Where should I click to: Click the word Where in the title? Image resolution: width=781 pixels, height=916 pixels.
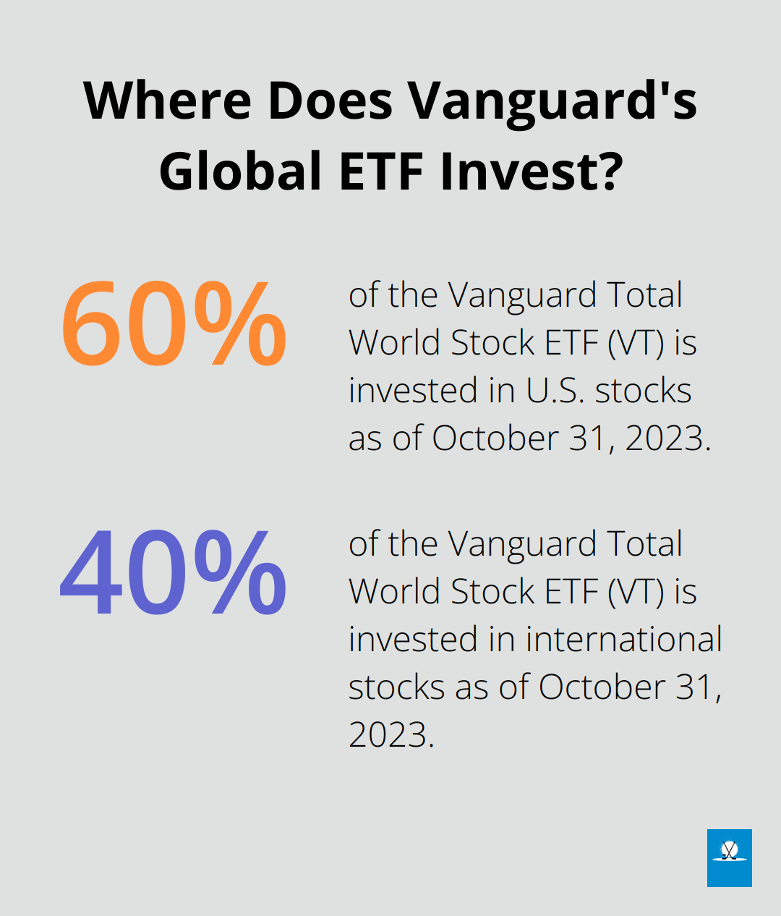[167, 100]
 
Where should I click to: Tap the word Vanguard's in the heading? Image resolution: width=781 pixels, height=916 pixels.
[552, 103]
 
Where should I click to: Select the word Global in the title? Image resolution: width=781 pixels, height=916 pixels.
[240, 170]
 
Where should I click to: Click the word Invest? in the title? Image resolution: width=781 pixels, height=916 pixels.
[532, 171]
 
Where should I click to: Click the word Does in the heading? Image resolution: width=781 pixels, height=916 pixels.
[330, 101]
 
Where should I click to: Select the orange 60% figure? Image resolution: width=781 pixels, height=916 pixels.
[174, 323]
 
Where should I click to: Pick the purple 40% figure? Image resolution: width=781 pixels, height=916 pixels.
[174, 572]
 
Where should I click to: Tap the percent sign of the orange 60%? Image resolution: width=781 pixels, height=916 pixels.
[239, 323]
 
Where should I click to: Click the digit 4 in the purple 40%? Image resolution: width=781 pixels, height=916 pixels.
[91, 572]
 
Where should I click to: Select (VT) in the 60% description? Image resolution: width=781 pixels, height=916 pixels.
[636, 343]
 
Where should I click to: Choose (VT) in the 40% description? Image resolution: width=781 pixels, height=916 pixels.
[636, 592]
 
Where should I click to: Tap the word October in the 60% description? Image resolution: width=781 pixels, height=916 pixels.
[495, 438]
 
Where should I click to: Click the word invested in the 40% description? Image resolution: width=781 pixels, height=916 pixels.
[413, 640]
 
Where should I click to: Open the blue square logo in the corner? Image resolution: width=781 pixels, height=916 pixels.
[730, 858]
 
